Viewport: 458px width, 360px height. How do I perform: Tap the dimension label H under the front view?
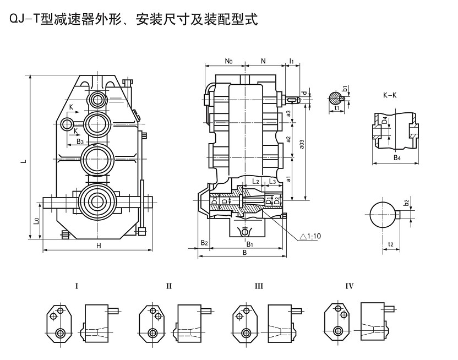[x=99, y=246]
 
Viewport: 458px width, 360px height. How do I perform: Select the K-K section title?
[x=390, y=95]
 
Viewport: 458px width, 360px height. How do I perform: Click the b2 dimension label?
[x=407, y=203]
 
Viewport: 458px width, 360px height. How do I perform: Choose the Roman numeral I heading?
[x=77, y=286]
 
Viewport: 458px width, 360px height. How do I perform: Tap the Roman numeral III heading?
[x=258, y=286]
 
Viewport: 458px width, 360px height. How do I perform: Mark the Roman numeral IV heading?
[x=349, y=286]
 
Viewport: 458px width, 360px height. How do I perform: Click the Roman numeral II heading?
[x=169, y=286]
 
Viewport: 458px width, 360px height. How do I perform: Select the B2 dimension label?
[x=204, y=243]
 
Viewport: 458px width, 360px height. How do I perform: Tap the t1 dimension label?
[x=336, y=108]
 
